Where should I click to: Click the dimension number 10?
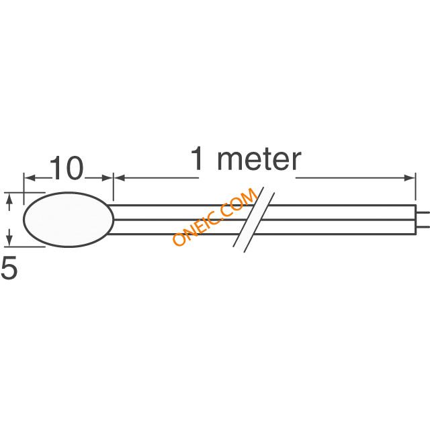[66, 168]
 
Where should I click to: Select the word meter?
[259, 159]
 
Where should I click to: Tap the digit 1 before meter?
[197, 158]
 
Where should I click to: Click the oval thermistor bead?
[69, 220]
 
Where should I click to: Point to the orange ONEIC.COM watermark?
[215, 216]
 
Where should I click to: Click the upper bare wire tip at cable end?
[423, 212]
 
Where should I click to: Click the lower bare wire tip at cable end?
[423, 226]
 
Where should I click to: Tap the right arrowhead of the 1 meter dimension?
[410, 177]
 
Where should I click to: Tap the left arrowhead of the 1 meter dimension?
[120, 177]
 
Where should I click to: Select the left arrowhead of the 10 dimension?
[30, 177]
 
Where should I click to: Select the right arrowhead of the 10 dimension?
[107, 177]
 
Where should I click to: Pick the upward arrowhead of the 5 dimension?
[9, 198]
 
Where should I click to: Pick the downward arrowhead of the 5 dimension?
[9, 241]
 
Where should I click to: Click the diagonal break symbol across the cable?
[254, 220]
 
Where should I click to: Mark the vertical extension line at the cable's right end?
[415, 187]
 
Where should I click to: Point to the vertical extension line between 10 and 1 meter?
[114, 187]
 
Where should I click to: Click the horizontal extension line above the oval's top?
[25, 193]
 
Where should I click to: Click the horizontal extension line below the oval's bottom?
[25, 247]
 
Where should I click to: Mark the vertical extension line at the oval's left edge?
[24, 189]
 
